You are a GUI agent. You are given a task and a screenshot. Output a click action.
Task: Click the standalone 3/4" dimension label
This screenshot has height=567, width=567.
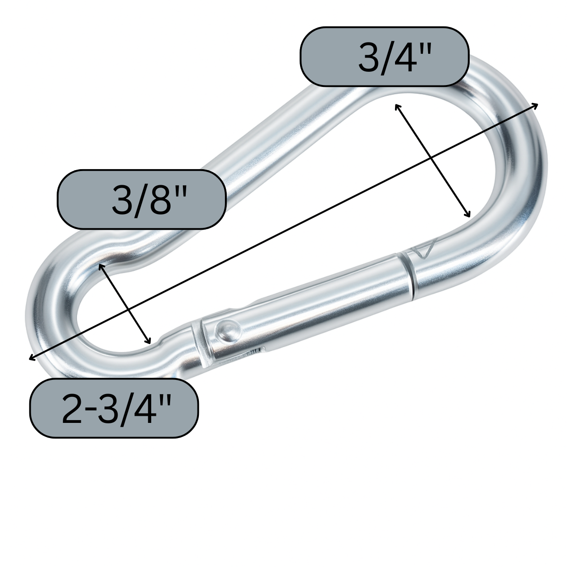click(384, 57)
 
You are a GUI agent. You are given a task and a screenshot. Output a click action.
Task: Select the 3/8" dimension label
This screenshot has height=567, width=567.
click(142, 199)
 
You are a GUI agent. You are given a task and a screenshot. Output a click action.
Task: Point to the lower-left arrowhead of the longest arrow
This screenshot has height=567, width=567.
click(30, 359)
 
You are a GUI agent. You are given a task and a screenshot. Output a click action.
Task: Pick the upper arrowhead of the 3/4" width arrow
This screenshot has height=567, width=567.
click(396, 105)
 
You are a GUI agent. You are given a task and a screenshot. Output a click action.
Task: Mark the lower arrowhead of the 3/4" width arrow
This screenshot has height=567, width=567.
click(469, 215)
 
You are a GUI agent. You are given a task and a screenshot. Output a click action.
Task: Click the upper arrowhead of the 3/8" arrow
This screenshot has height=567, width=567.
click(100, 266)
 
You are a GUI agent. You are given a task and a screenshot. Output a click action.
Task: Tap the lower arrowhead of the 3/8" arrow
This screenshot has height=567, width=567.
click(150, 342)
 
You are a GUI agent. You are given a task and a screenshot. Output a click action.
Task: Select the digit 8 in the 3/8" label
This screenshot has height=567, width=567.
click(157, 200)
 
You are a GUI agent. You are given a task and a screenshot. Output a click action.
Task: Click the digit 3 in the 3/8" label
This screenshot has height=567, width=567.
click(121, 200)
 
